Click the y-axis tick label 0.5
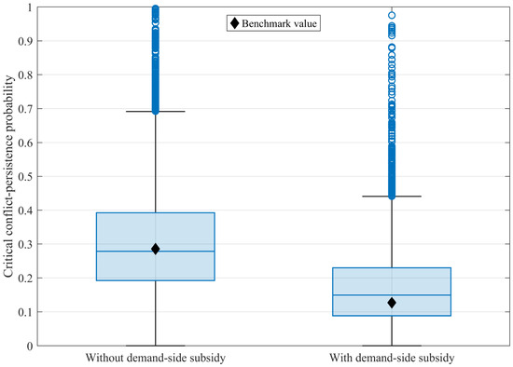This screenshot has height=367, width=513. coord(25,176)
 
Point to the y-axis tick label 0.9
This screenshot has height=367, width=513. coord(25,41)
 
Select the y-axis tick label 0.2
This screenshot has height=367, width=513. coord(25,279)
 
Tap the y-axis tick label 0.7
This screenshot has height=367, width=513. coord(25,109)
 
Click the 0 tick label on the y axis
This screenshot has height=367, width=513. coord(30,346)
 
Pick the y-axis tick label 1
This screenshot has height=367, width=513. coord(30,7)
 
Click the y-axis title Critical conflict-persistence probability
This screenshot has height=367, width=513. coord(8,176)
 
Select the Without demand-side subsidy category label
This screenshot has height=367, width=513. coord(156,358)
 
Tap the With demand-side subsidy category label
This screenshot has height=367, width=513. coord(392,358)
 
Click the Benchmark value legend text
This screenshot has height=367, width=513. coord(279,23)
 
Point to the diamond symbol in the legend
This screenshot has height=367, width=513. coord(234,23)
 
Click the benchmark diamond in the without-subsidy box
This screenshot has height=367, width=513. coord(156,249)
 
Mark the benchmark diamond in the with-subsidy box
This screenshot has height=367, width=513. coord(392,303)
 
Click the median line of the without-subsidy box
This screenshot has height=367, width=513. coord(156,251)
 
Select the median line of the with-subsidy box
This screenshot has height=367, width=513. coord(392,295)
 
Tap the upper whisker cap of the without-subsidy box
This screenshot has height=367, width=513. coord(156,112)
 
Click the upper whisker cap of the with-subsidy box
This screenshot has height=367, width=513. coord(392,197)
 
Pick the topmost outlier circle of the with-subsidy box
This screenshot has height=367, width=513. coord(392,15)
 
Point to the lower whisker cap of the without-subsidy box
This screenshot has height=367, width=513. coord(156,346)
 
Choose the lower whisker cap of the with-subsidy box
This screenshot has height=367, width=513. coord(392,346)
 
